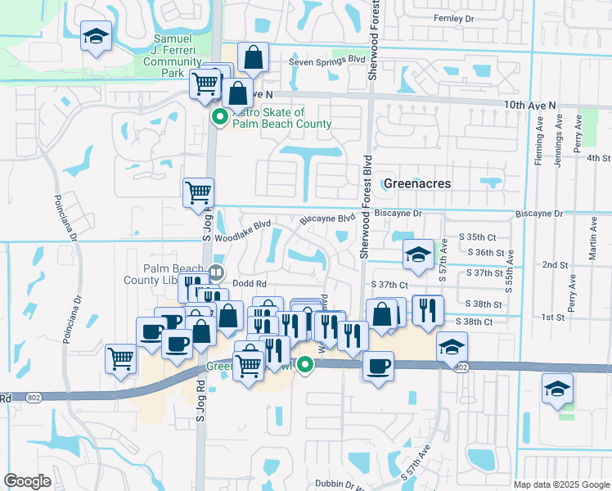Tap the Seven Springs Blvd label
326,61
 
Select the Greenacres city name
417,184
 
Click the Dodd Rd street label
250,283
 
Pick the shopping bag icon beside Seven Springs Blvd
254,58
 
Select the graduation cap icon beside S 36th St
418,254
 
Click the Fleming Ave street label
539,140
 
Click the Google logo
27,481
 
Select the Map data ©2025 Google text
561,484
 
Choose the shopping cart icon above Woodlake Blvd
198,194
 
